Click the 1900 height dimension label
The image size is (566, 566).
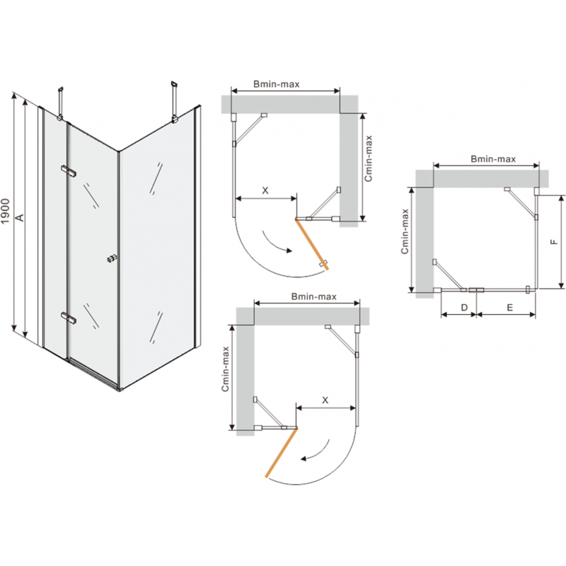coord(6,212)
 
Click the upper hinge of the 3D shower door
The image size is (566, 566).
coord(69,171)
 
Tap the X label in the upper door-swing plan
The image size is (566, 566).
coord(265,190)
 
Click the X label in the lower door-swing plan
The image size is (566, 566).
coord(325,400)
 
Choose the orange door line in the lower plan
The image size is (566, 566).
coord(282,452)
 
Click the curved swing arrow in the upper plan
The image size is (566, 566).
coord(276,242)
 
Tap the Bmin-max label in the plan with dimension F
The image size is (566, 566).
coord(492,159)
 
